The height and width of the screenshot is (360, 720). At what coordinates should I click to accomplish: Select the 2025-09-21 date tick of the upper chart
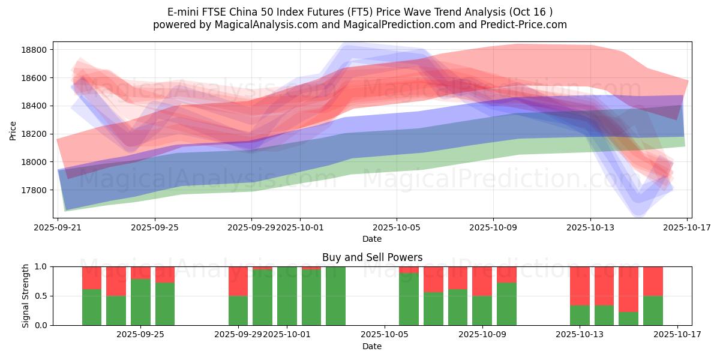pyautogui.click(x=58, y=227)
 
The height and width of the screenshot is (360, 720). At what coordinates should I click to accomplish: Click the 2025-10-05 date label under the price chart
pyautogui.click(x=396, y=227)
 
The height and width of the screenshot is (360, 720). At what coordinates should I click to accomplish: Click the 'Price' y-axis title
pyautogui.click(x=13, y=130)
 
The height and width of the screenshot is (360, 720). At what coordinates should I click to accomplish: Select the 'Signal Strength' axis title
pyautogui.click(x=25, y=296)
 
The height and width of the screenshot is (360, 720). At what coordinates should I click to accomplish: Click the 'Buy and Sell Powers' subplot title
pyautogui.click(x=372, y=257)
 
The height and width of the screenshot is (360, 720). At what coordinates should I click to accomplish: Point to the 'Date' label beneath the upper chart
pyautogui.click(x=372, y=239)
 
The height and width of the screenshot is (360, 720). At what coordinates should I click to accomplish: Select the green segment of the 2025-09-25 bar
pyautogui.click(x=165, y=304)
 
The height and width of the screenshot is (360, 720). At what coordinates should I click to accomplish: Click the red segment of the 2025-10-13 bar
pyautogui.click(x=580, y=286)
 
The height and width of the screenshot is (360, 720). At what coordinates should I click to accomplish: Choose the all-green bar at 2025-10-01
pyautogui.click(x=287, y=296)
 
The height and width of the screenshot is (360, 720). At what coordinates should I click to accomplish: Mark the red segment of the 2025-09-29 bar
pyautogui.click(x=238, y=281)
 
